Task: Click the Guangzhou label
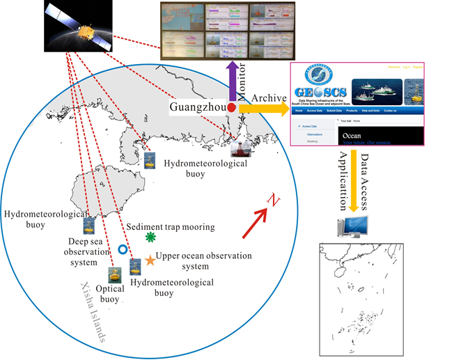(x=197, y=107)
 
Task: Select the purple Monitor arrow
(x=231, y=80)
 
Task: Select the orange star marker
(x=150, y=261)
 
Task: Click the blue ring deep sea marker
(x=123, y=249)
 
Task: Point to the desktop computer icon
(x=353, y=226)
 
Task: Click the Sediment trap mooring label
(x=171, y=226)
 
